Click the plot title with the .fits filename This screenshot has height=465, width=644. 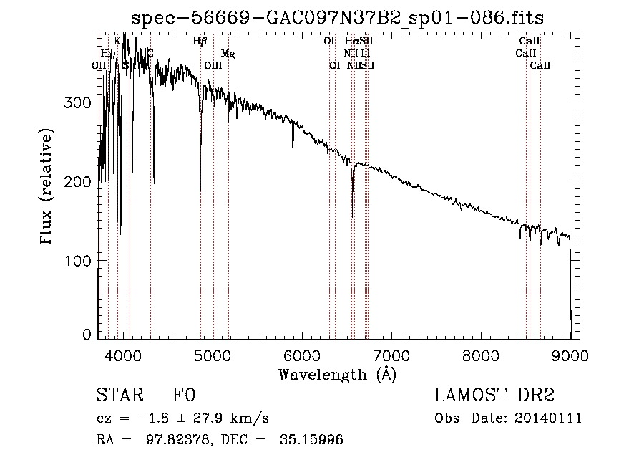tap(343, 17)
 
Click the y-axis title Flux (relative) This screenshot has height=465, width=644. tap(47, 188)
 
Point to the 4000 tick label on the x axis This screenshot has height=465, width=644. tap(124, 356)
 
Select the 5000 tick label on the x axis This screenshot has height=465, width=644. tap(213, 356)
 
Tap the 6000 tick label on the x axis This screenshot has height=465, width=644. tap(303, 356)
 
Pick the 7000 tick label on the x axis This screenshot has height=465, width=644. tap(392, 356)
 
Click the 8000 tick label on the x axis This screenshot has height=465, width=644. tap(482, 356)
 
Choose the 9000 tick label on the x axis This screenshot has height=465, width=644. tap(570, 356)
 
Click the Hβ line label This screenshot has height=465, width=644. tap(200, 42)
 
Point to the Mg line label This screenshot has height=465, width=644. tap(228, 54)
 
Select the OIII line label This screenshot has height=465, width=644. tap(213, 65)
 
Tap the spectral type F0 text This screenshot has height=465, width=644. tap(185, 396)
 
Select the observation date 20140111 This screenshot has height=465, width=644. tap(550, 418)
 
